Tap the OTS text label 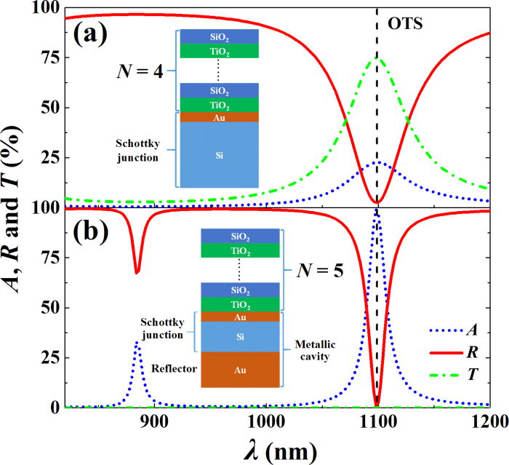tap(406, 22)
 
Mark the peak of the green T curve tap(377, 57)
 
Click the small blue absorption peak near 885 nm tap(136, 341)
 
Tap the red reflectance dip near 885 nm tap(136, 273)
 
